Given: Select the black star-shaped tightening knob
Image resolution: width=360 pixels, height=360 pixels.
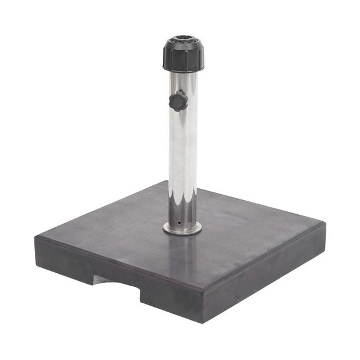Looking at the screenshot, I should [178, 101].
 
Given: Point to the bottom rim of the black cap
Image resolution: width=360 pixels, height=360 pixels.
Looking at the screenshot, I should [184, 70].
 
